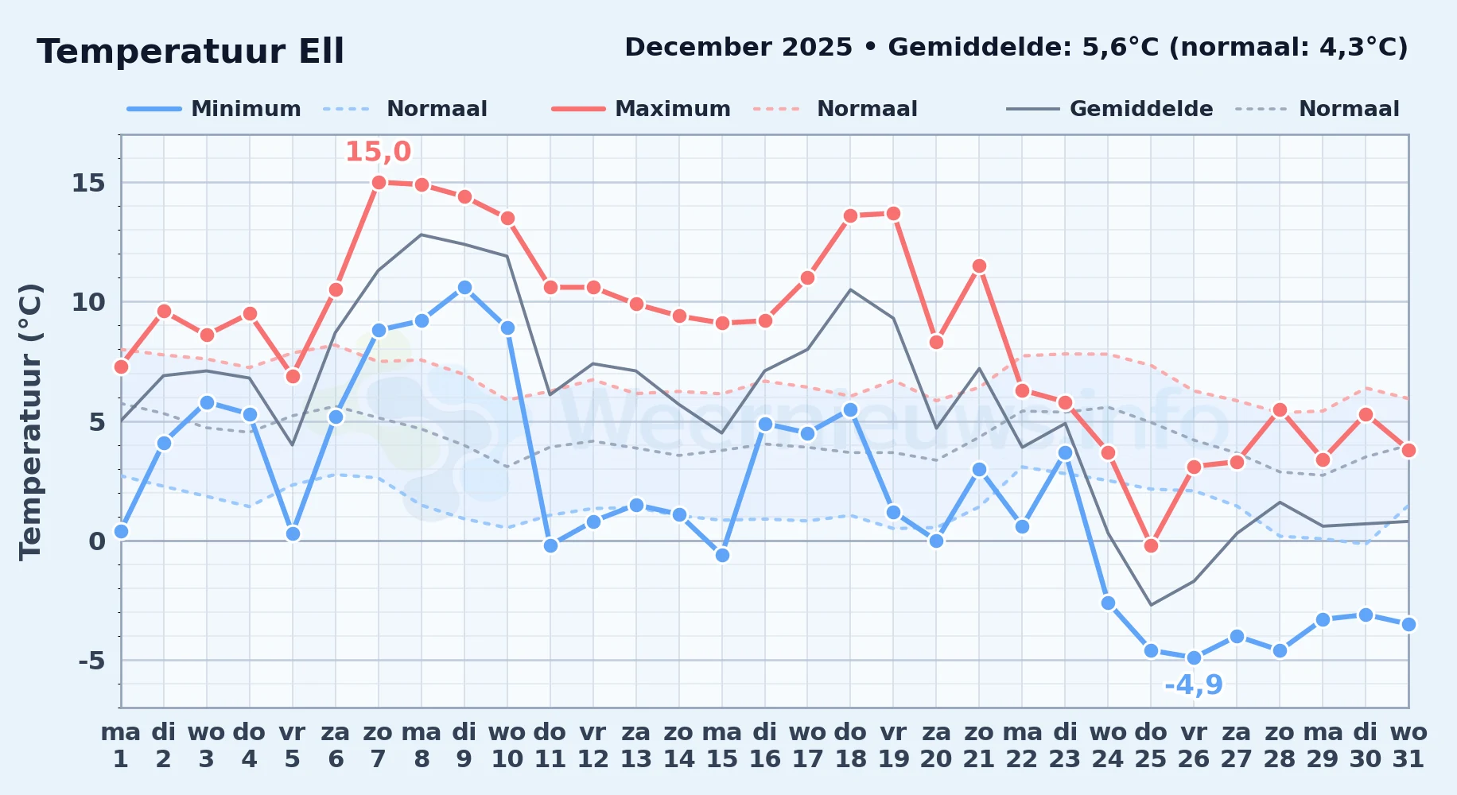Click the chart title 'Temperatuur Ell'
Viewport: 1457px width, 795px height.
[x=191, y=52]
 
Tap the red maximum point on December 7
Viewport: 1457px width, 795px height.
[x=379, y=183]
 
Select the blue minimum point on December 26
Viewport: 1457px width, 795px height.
[x=1194, y=658]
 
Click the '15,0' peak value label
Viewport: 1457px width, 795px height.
[x=378, y=151]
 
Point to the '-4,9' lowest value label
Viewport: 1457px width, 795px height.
[x=1194, y=684]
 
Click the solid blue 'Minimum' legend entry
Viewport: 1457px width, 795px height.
[x=214, y=109]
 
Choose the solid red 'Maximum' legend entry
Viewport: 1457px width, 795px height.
[x=641, y=109]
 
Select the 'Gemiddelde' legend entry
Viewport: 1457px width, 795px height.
[x=1110, y=109]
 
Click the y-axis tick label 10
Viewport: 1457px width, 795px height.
[x=88, y=302]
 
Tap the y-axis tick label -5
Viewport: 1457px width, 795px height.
[x=91, y=661]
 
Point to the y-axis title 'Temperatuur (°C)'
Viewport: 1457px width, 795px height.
[x=31, y=421]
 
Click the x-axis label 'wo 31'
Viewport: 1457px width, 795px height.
[x=1408, y=745]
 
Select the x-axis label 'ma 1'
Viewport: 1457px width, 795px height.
[x=121, y=745]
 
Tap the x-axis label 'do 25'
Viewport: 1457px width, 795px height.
[x=1151, y=745]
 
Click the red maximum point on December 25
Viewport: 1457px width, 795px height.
[x=1151, y=545]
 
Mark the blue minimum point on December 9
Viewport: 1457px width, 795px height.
[x=464, y=288]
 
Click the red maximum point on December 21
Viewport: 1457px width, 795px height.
[x=979, y=266]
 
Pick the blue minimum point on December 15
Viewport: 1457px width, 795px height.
[x=722, y=555]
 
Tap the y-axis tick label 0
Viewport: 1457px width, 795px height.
[x=97, y=541]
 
